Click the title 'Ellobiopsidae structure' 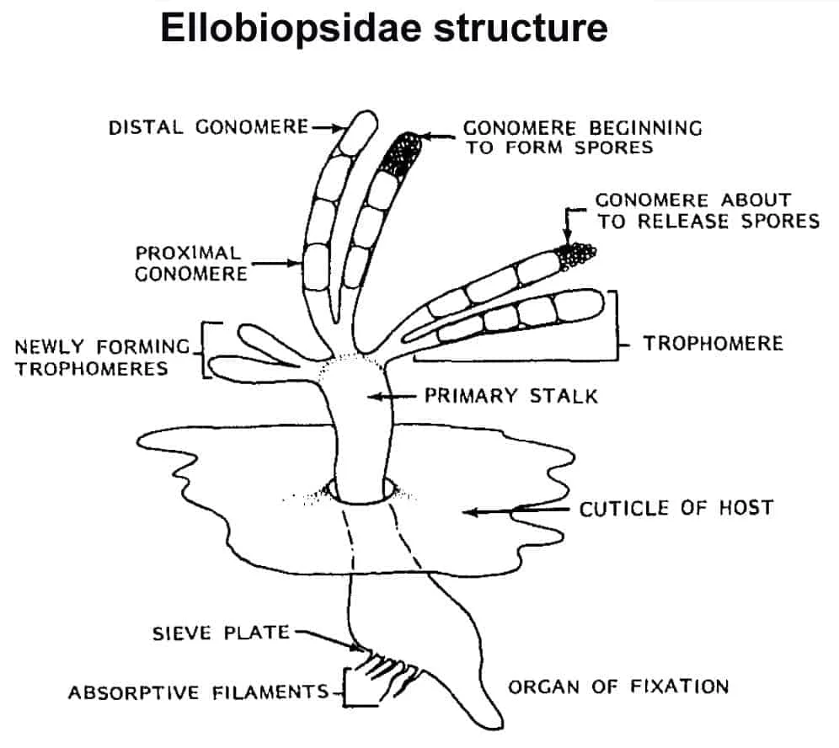click(x=383, y=29)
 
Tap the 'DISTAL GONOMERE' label click(x=209, y=128)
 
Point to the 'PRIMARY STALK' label click(x=511, y=395)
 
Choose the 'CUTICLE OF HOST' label click(x=676, y=509)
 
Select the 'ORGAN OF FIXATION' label click(x=617, y=687)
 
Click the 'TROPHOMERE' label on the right click(x=713, y=343)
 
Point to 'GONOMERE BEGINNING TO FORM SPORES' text click(x=583, y=137)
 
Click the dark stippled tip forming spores click(x=401, y=151)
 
